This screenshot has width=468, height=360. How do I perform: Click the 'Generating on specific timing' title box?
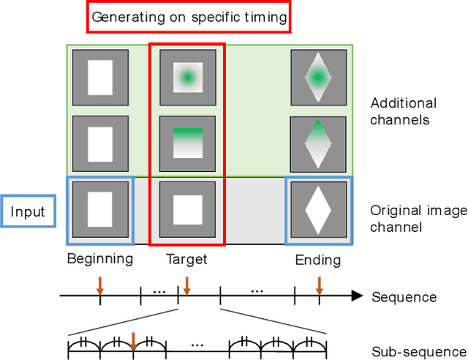pos(189,18)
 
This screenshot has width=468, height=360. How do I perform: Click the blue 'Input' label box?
pos(28,213)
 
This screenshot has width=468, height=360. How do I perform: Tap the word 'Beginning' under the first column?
pos(99,258)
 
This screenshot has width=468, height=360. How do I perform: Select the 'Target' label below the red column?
pos(186,258)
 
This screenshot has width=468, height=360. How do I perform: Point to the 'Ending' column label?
pos(318,260)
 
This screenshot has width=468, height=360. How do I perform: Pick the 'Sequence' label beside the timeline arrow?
pos(404,297)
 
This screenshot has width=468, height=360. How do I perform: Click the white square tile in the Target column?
pos(187,210)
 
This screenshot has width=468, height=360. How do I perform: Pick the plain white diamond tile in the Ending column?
pos(318,210)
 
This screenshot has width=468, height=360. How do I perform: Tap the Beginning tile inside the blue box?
pos(99,210)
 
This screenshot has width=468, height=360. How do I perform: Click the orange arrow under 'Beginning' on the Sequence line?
pos(100,288)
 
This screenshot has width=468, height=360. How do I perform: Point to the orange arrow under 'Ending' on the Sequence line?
pos(319,288)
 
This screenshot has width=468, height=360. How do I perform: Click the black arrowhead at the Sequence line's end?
pos(357,296)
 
